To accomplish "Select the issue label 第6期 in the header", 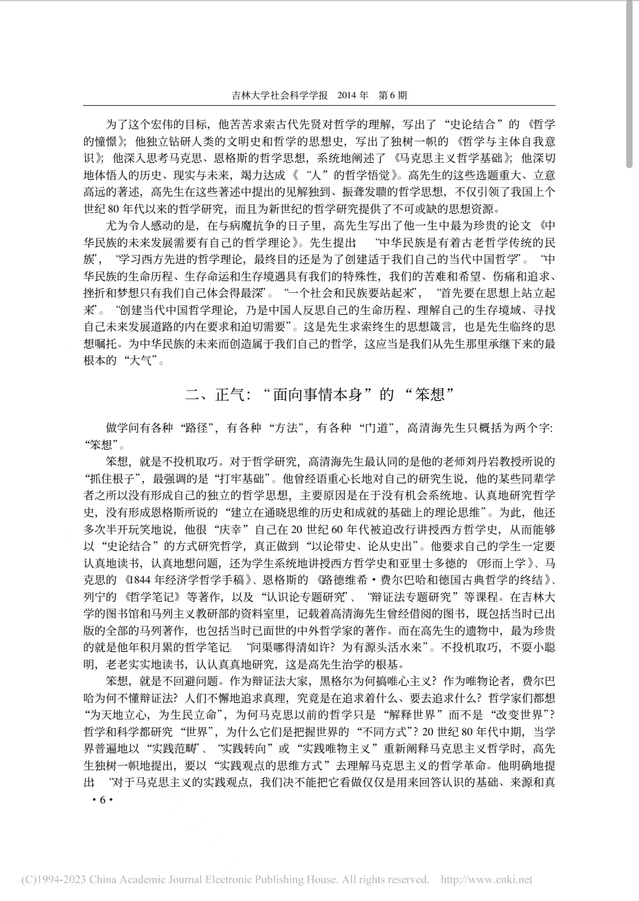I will (x=392, y=95).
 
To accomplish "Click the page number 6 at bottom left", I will (x=101, y=800).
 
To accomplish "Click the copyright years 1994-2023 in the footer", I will (x=61, y=880).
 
